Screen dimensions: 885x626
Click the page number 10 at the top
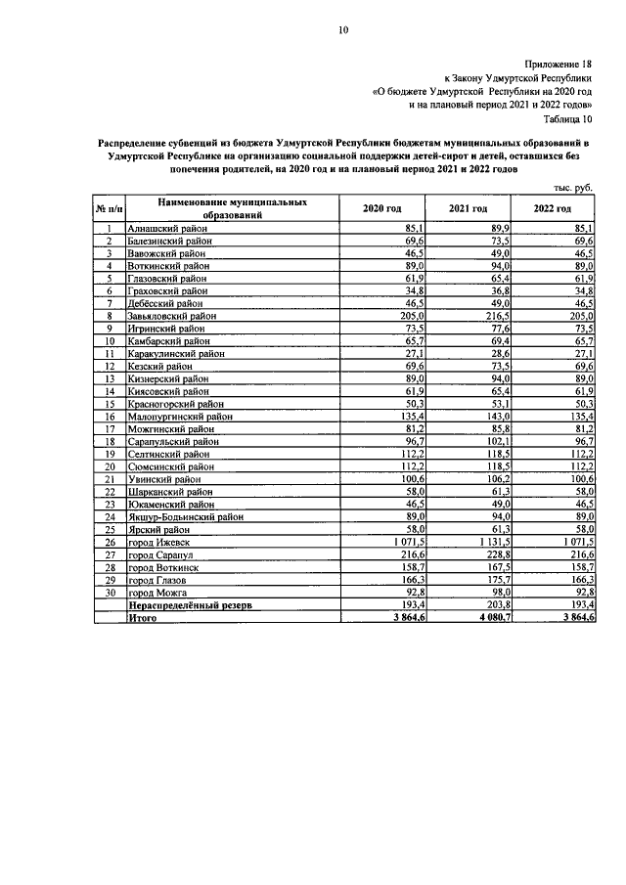coord(343,30)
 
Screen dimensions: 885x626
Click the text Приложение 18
coord(564,61)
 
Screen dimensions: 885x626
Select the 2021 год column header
coord(468,209)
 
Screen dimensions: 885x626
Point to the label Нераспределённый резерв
coord(187,605)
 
